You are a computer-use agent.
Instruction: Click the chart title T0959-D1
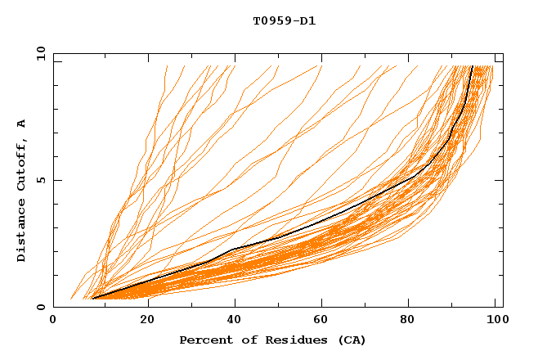click(x=284, y=21)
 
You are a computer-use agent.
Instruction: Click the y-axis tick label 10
click(x=39, y=53)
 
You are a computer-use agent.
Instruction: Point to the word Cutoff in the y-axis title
click(x=22, y=169)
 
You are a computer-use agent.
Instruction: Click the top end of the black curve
click(x=473, y=66)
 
